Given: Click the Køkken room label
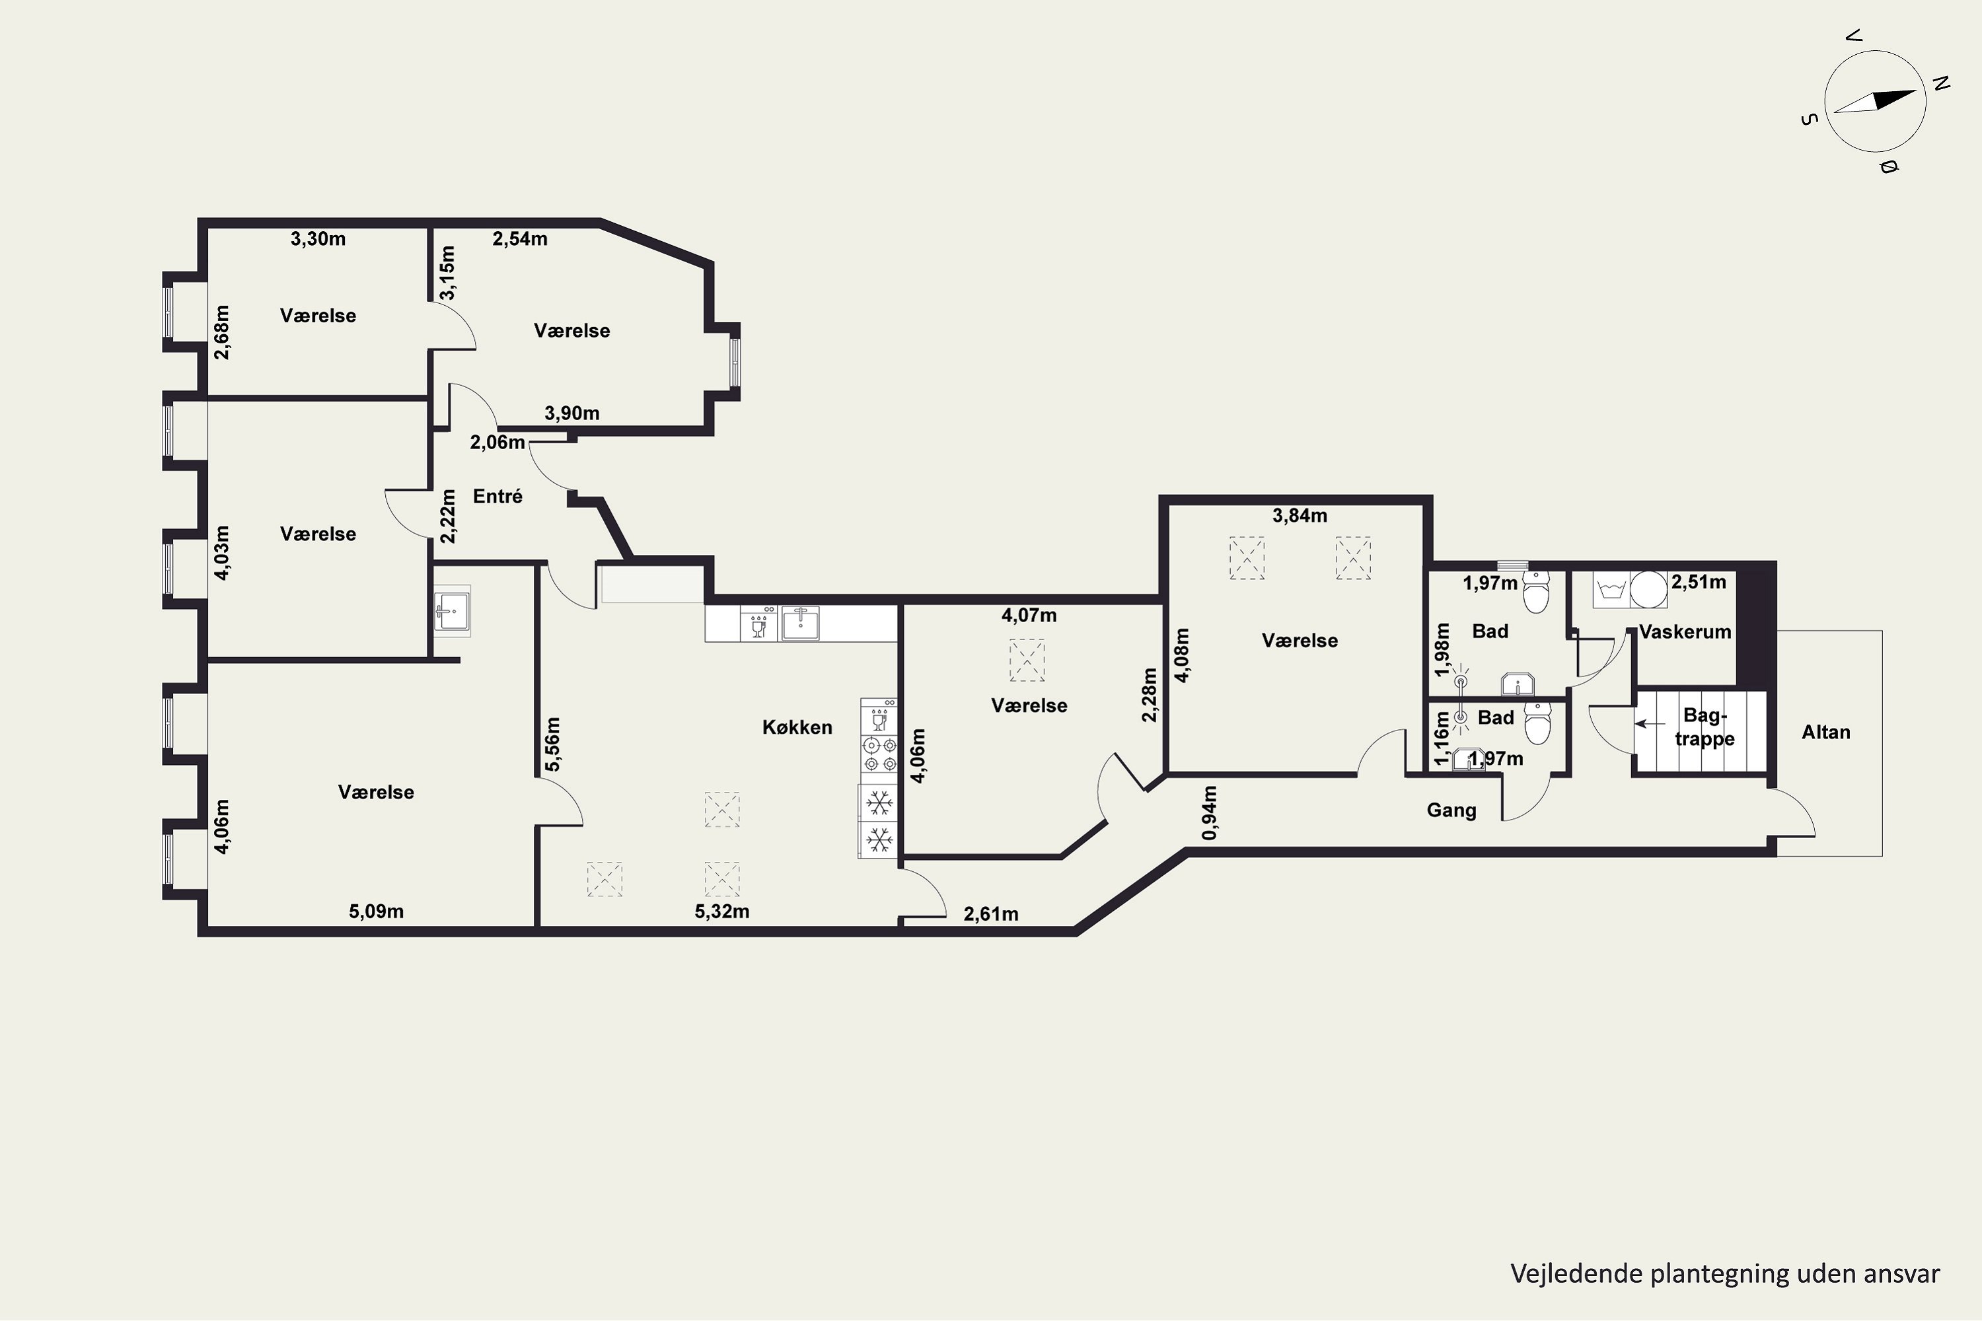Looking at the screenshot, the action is click(x=797, y=727).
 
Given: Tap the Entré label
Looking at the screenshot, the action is click(x=497, y=496).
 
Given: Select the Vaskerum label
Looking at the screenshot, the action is click(x=1685, y=632).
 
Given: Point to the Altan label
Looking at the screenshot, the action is click(x=1826, y=732).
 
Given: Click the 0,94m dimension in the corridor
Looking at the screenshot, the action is click(x=1209, y=813).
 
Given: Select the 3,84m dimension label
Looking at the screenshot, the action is click(x=1300, y=516).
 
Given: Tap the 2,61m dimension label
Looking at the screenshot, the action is click(x=991, y=914).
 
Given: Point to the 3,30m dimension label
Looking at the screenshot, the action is click(x=318, y=239).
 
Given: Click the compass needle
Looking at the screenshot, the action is click(x=1875, y=101).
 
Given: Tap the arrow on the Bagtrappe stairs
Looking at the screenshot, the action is click(x=1650, y=724).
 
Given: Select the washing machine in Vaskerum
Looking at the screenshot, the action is click(x=1648, y=590).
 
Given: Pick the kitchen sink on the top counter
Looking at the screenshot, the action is click(x=799, y=624).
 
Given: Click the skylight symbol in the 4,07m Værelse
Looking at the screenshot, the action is click(x=1027, y=660).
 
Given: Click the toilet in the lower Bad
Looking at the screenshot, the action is click(x=1538, y=724).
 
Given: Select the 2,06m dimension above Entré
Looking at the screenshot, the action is click(x=497, y=443).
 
